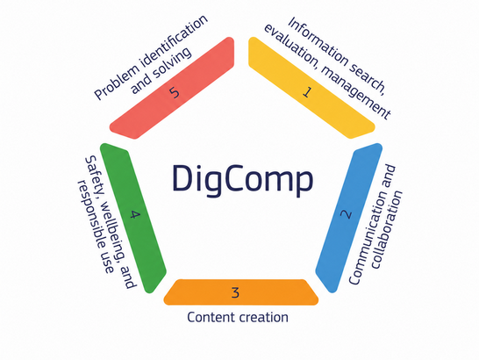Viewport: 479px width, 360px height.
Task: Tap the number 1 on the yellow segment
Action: point(308,92)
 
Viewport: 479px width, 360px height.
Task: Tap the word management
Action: point(356,92)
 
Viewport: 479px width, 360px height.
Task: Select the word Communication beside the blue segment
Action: point(372,225)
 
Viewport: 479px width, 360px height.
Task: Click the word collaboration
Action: point(386,230)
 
